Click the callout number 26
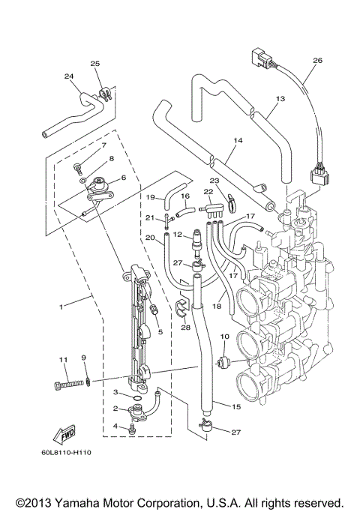(x=317, y=60)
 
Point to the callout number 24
(x=69, y=76)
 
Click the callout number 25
(x=95, y=64)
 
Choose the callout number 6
(x=123, y=177)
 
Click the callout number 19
(x=150, y=197)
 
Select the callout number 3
(x=115, y=392)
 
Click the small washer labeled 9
(x=88, y=382)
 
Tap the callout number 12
(x=177, y=235)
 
